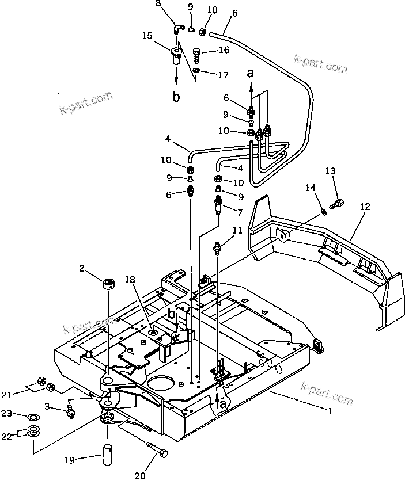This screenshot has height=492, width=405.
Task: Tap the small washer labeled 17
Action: pyautogui.click(x=197, y=70)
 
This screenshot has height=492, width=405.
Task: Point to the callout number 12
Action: pyautogui.click(x=364, y=205)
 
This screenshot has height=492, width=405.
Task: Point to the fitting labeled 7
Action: pyautogui.click(x=218, y=204)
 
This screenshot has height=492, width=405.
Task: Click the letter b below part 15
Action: pyautogui.click(x=176, y=96)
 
